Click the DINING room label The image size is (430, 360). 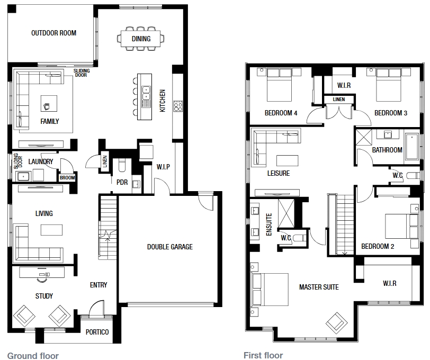pyautogui.click(x=141, y=39)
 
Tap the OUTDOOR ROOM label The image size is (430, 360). pyautogui.click(x=54, y=33)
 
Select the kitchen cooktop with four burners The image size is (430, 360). pyautogui.click(x=178, y=106)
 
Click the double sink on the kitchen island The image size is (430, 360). pyautogui.click(x=146, y=93)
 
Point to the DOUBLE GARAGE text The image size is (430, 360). pyautogui.click(x=170, y=247)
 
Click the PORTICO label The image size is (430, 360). pyautogui.click(x=97, y=332)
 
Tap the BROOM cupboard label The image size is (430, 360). pyautogui.click(x=67, y=178)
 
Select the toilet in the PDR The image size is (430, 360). pyautogui.click(x=122, y=165)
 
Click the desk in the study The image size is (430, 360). pyautogui.click(x=42, y=272)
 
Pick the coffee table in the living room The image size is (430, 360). pyautogui.click(x=51, y=230)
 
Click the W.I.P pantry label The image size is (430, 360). pyautogui.click(x=163, y=167)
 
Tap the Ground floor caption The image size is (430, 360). pyautogui.click(x=33, y=356)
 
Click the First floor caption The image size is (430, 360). pyautogui.click(x=263, y=355)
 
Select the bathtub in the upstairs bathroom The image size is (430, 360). pyautogui.click(x=411, y=147)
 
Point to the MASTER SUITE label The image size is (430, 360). pyautogui.click(x=319, y=287)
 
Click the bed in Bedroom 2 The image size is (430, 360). pyautogui.click(x=402, y=226)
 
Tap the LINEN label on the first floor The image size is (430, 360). pyautogui.click(x=339, y=99)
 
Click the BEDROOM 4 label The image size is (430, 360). pyautogui.click(x=281, y=113)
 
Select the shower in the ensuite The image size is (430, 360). pyautogui.click(x=286, y=213)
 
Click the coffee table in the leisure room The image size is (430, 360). pyautogui.click(x=287, y=160)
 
